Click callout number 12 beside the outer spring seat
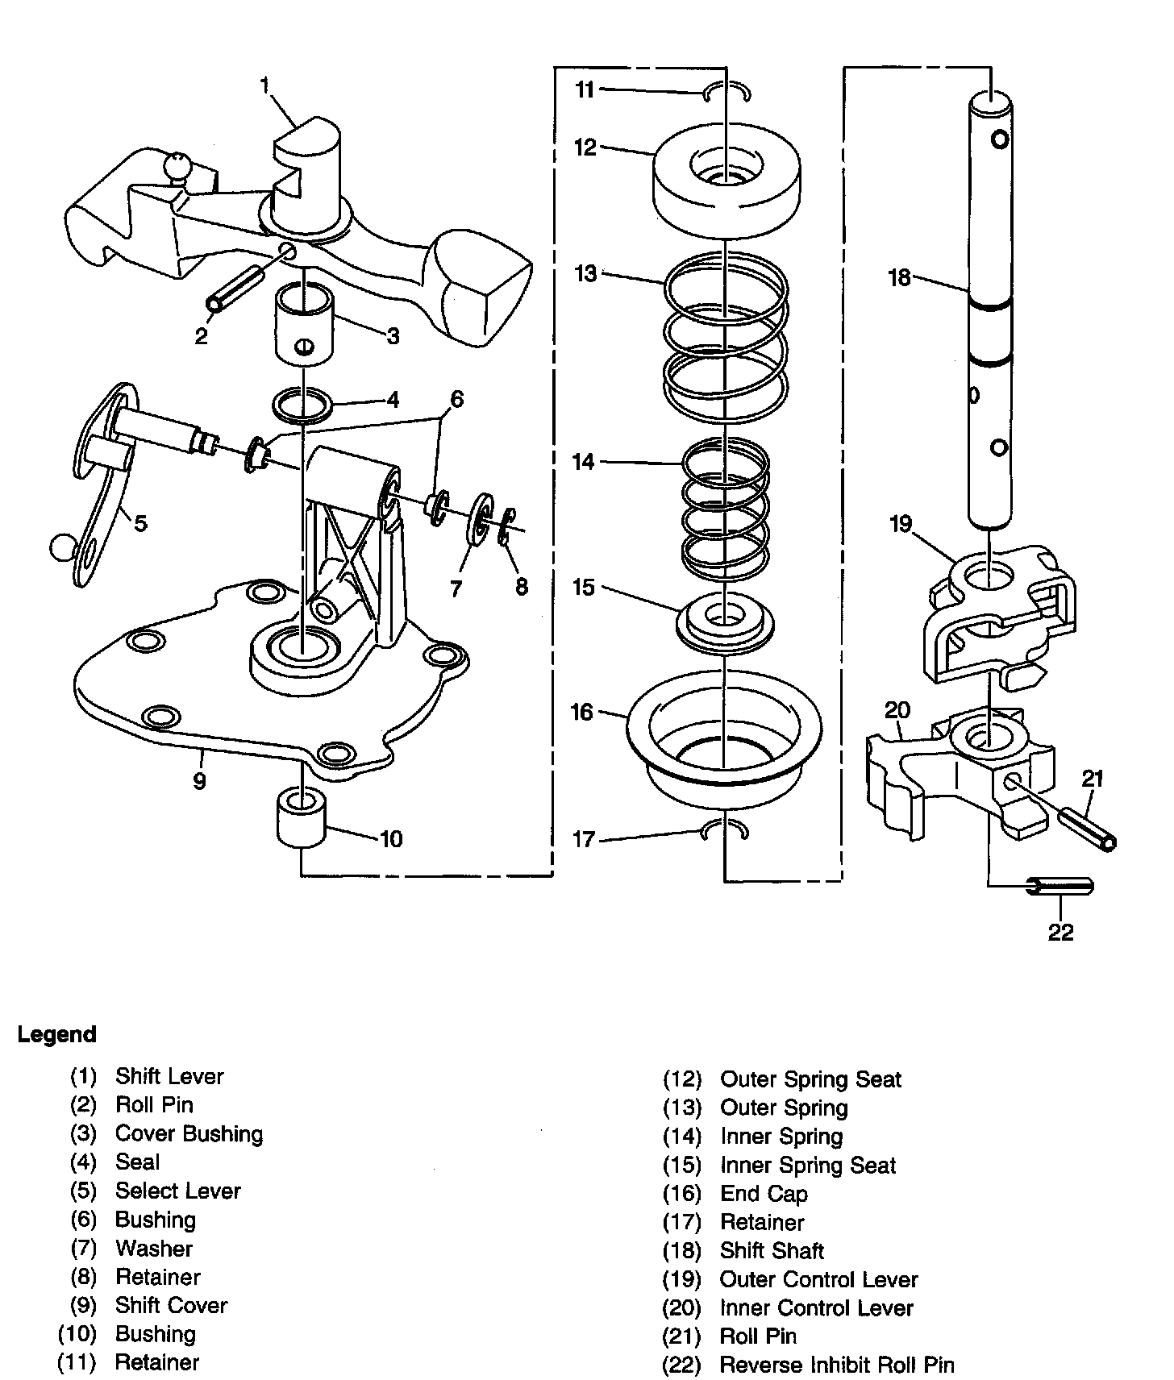pos(585,148)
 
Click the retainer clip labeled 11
pos(726,92)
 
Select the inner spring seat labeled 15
pos(725,620)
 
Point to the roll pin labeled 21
pos(1086,827)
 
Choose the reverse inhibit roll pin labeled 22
pos(1060,887)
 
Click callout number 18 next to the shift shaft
pos(899,277)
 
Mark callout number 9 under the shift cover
pos(200,779)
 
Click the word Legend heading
pos(57,1034)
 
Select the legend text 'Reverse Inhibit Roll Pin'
pos(837,1365)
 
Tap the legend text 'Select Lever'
pos(178,1191)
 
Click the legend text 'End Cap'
pos(764,1193)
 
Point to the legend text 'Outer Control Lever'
pos(818,1279)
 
